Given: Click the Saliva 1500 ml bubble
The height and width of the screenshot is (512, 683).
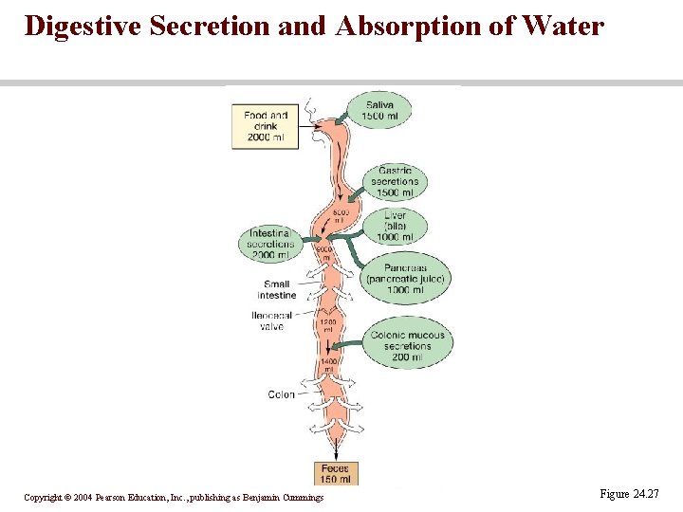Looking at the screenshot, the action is tap(379, 110).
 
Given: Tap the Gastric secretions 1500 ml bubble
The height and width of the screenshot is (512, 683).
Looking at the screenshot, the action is tap(395, 182).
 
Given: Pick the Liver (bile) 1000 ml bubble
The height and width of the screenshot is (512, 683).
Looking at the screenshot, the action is tap(395, 227).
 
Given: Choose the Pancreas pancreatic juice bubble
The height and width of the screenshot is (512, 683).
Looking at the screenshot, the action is tap(405, 279).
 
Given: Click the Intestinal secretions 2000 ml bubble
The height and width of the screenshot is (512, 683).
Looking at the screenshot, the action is tap(269, 244).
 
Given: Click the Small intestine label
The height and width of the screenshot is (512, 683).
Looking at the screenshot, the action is tap(277, 289).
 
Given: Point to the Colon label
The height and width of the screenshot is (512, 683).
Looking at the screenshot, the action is tap(282, 394).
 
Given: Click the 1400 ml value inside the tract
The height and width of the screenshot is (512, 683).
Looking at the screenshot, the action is tap(329, 366).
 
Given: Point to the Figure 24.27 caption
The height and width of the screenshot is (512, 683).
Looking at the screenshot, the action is tap(629, 494).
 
